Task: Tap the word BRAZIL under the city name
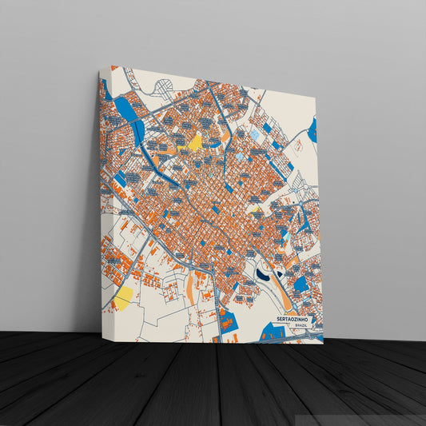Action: (301, 326)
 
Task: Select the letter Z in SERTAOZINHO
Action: (295, 319)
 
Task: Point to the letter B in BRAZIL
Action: (295, 326)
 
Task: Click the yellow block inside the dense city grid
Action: (194, 142)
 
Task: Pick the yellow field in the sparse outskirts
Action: (124, 297)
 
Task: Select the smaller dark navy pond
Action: (280, 272)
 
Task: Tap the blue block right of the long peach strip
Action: (301, 283)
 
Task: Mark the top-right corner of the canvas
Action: (317, 96)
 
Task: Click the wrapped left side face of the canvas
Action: (103, 200)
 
